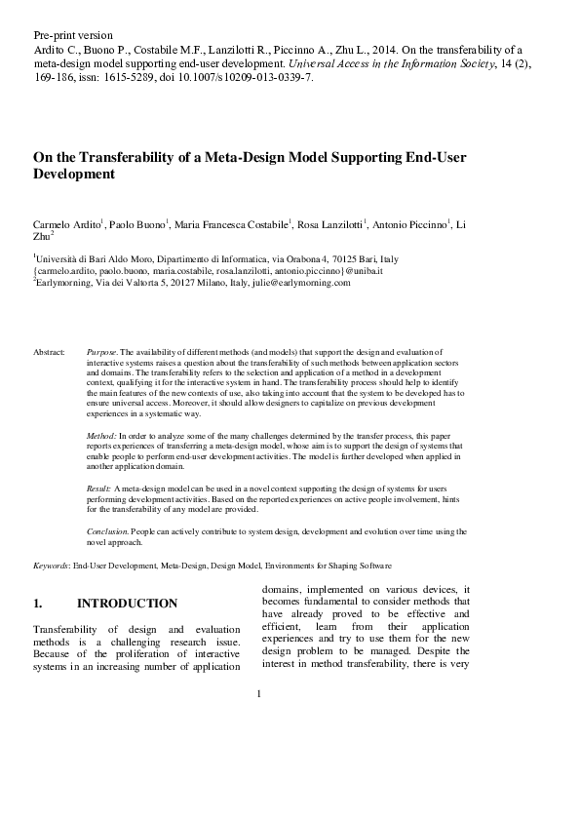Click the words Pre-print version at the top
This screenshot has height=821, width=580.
73,35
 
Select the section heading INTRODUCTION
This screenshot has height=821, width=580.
127,605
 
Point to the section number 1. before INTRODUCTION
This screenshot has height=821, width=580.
38,605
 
